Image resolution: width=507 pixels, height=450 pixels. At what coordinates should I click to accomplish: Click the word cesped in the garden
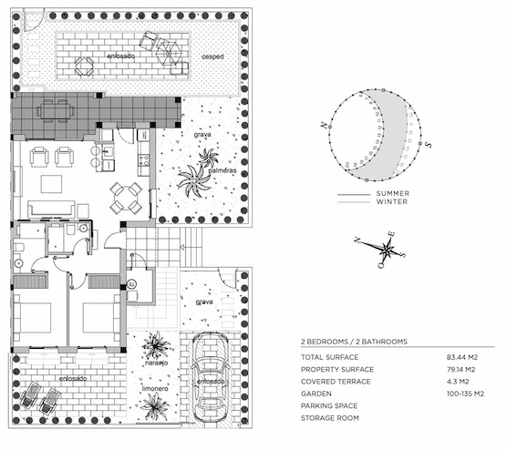(x=212, y=56)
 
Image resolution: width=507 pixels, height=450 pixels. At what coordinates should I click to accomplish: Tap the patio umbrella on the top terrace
(x=85, y=65)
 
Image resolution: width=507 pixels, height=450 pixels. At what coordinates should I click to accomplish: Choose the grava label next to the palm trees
(x=202, y=135)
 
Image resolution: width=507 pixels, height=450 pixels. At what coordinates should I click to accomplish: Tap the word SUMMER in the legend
(x=392, y=194)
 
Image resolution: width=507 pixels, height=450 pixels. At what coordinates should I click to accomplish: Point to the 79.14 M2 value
(x=471, y=369)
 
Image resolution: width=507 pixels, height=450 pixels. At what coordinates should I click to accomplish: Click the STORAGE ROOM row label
(x=330, y=418)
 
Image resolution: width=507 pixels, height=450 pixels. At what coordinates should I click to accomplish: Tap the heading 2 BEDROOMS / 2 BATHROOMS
(x=354, y=341)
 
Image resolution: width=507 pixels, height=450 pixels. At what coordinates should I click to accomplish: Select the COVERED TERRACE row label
(x=335, y=382)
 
